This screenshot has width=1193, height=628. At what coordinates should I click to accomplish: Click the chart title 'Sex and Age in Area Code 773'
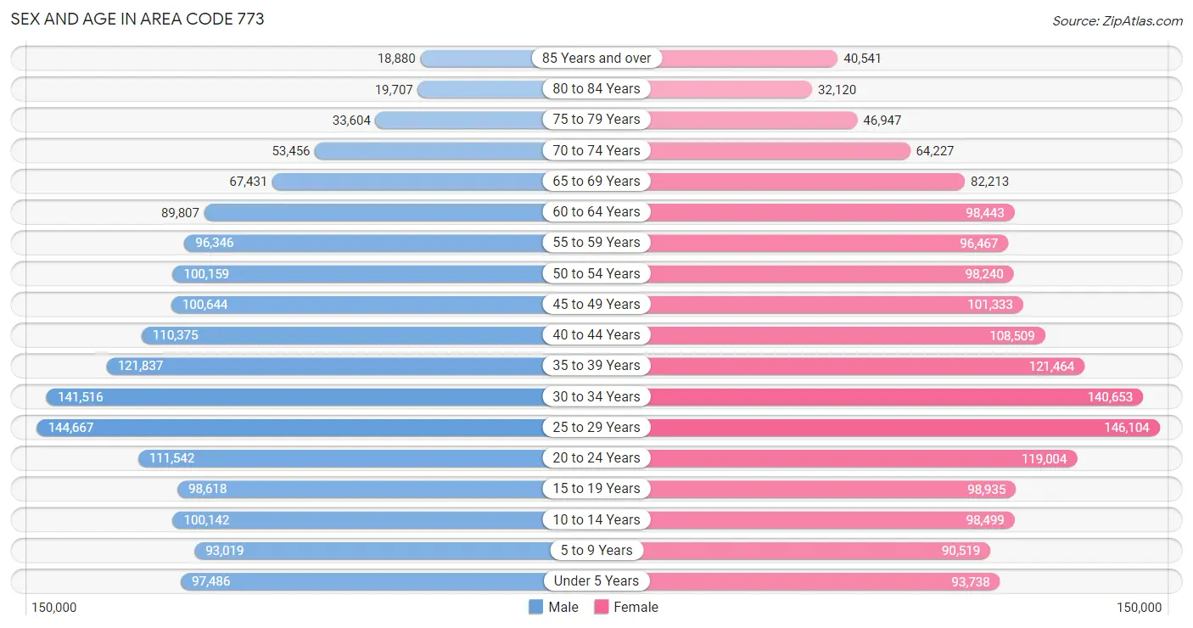tap(137, 20)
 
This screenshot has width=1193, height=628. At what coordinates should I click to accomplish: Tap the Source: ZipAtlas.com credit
tap(1117, 20)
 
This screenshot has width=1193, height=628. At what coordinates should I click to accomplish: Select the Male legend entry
tap(553, 607)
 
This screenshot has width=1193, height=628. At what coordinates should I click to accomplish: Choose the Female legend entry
tap(626, 607)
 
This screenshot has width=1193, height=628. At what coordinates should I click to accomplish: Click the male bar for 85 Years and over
tap(477, 58)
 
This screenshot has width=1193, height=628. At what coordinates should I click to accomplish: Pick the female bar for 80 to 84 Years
tap(731, 89)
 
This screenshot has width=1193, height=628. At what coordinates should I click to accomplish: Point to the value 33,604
tap(351, 120)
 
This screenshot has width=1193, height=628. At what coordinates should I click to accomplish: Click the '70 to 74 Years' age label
tap(596, 151)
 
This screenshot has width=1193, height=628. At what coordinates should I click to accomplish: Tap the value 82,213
tap(989, 182)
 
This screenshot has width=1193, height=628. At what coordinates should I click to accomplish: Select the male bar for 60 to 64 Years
tap(374, 212)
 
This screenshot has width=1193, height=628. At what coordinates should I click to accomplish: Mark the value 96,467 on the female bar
tap(978, 244)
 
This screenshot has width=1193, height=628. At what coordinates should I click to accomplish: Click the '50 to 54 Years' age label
tap(596, 274)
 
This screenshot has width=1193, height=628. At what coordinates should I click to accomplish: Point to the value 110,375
tap(176, 335)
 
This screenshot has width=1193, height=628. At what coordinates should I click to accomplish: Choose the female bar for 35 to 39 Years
tap(866, 366)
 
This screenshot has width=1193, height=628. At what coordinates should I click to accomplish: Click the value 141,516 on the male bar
tap(81, 397)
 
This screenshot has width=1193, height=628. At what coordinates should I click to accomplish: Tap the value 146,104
tap(1127, 428)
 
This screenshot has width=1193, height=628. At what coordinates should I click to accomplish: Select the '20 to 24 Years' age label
tap(596, 458)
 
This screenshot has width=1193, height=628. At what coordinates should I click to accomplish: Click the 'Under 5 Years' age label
tap(596, 581)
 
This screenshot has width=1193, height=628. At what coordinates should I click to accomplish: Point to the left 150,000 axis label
tap(53, 608)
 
